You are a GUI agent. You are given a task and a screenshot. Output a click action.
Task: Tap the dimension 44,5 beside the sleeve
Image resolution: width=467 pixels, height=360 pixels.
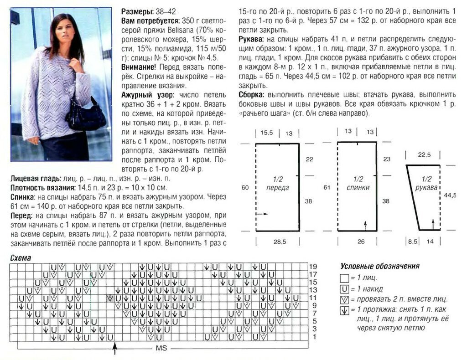click(450, 195)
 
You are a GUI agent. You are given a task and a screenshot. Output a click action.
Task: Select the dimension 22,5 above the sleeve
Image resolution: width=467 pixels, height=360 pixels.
click(424, 155)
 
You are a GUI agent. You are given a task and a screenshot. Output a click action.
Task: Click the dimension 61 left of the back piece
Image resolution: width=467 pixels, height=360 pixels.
click(327, 187)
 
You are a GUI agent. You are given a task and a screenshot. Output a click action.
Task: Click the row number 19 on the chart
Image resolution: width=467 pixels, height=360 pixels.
click(313, 267)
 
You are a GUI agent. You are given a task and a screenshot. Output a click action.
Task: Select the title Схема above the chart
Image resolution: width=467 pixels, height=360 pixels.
click(21, 258)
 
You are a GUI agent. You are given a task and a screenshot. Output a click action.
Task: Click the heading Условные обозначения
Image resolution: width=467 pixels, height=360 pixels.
click(379, 266)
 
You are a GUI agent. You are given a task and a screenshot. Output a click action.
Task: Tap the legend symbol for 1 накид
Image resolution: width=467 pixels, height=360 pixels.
click(344, 288)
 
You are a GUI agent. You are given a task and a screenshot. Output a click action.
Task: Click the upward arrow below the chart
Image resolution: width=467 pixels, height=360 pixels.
click(114, 348)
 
